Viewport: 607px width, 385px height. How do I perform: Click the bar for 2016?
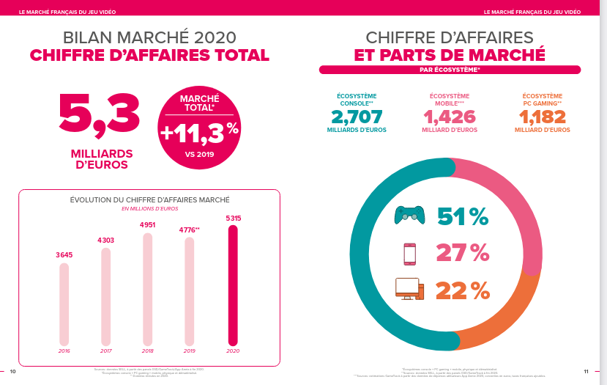click(x=64, y=304)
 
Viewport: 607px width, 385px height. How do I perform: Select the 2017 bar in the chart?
click(x=105, y=296)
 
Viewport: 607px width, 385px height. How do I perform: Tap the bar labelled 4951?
click(x=147, y=289)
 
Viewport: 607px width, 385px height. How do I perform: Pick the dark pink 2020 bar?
click(x=233, y=285)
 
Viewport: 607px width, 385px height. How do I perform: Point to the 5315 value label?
click(x=233, y=218)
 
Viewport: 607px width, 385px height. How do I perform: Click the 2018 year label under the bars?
click(x=147, y=351)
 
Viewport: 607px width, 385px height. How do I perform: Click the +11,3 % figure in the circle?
click(x=199, y=132)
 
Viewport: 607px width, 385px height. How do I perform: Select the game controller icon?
click(x=409, y=215)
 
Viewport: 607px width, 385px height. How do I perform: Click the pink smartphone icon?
click(x=409, y=253)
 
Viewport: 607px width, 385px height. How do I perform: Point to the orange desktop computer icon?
click(x=409, y=289)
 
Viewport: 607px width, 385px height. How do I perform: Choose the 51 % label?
click(x=462, y=216)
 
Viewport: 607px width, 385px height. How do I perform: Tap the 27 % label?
click(x=462, y=253)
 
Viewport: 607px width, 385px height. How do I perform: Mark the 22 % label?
click(x=462, y=290)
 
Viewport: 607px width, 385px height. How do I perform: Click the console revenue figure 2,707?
click(x=357, y=117)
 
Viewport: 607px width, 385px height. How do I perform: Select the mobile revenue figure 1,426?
click(x=450, y=117)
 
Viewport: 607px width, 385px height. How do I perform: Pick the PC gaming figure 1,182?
click(x=542, y=117)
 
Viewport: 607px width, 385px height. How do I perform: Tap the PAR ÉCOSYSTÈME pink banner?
click(x=450, y=70)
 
